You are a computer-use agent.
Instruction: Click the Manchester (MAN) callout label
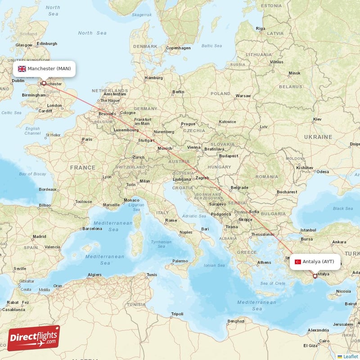coord(44,69)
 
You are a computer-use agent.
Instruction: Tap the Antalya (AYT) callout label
coord(315,261)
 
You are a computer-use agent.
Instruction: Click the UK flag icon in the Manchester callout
coord(22,69)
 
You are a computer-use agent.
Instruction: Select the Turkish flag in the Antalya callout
coord(297,262)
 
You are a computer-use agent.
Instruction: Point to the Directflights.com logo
coord(34,338)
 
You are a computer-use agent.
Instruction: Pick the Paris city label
coord(87,139)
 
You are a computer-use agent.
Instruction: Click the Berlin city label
coord(178,92)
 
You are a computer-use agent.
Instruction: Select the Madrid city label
coord(39,236)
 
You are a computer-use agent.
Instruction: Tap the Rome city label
coord(171,220)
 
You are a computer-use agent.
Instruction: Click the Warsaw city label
coord(243,96)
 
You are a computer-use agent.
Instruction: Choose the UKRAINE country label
coord(318,136)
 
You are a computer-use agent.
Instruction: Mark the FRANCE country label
coord(82,167)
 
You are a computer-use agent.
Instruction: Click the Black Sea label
coord(343,208)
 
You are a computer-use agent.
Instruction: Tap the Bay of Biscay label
coord(32,174)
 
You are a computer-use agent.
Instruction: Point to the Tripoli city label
coord(177,314)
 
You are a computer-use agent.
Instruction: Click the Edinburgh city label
coord(47,44)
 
